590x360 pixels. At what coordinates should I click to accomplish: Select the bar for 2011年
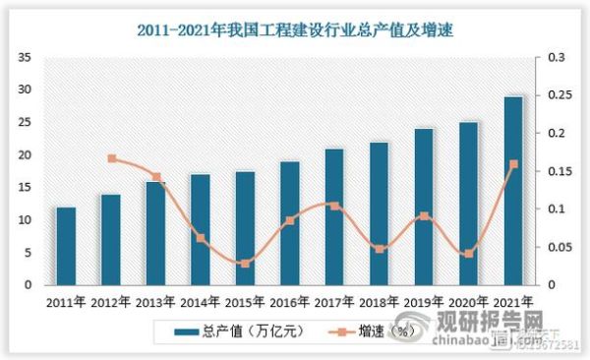pyautogui.click(x=66, y=246)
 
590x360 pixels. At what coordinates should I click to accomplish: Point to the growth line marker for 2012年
pyautogui.click(x=112, y=158)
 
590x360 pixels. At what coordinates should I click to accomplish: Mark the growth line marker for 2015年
pyautogui.click(x=245, y=264)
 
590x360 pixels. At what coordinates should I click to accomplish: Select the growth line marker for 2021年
pyautogui.click(x=513, y=164)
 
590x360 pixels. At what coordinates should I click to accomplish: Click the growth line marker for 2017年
pyautogui.click(x=334, y=206)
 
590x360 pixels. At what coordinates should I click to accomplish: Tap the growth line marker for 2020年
pyautogui.click(x=469, y=254)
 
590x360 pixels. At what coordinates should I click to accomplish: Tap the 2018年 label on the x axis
pyautogui.click(x=379, y=301)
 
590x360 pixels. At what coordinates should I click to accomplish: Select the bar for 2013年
pyautogui.click(x=155, y=233)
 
